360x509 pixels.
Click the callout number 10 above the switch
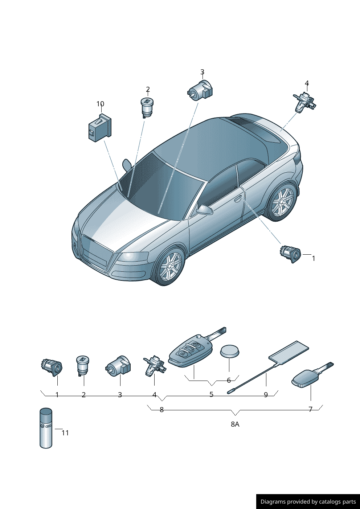click(x=100, y=104)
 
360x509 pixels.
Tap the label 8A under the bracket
click(x=235, y=424)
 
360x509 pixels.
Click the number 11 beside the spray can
click(x=65, y=433)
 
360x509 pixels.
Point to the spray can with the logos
click(x=46, y=428)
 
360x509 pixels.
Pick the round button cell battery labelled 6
click(x=230, y=352)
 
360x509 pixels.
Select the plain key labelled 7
click(x=312, y=376)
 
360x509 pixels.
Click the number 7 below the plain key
click(x=310, y=409)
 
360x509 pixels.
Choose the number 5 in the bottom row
click(x=211, y=394)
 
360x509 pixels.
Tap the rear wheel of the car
click(x=282, y=201)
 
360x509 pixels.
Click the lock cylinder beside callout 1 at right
click(x=290, y=254)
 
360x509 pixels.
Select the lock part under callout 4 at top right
click(x=304, y=102)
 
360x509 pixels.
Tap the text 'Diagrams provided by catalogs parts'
click(x=308, y=501)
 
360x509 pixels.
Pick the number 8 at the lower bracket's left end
click(x=161, y=410)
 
